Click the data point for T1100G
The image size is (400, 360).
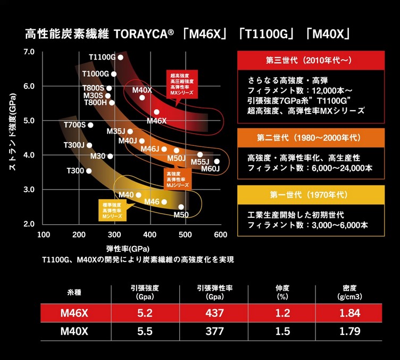tap(121, 58)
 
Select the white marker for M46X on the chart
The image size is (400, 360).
tap(156, 112)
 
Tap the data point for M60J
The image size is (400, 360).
tap(216, 161)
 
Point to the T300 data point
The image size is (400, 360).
tap(89, 171)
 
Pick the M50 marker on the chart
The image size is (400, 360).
tap(181, 207)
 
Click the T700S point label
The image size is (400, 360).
tap(74, 125)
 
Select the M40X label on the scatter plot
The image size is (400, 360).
tap(142, 90)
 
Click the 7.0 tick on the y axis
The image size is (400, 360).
tap(29, 52)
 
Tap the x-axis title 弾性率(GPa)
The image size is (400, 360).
tap(128, 249)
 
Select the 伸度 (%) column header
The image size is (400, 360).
tap(282, 292)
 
